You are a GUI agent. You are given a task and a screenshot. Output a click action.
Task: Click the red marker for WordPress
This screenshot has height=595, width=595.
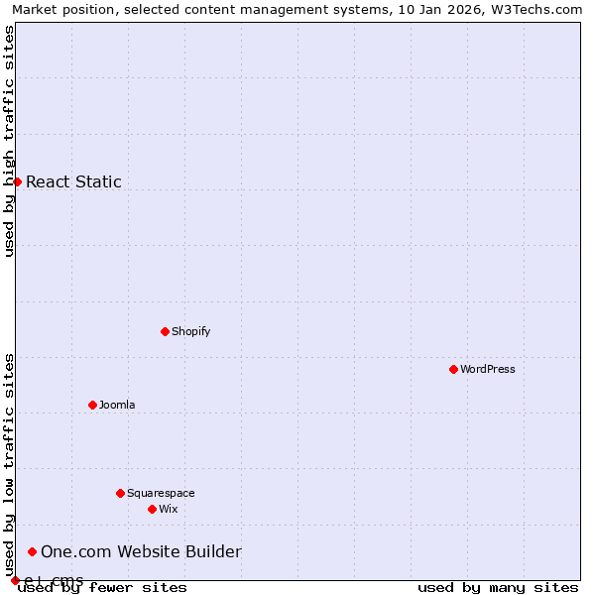[453, 369]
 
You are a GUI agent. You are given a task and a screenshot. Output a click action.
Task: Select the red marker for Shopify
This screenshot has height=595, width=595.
[165, 331]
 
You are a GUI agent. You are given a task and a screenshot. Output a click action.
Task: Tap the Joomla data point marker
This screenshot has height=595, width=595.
[92, 405]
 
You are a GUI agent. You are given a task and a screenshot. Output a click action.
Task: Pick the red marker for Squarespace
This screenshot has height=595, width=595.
[120, 493]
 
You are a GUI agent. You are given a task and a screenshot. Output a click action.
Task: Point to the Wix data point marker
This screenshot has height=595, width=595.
[152, 509]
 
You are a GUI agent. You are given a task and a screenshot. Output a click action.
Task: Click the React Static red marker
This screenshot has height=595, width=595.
[17, 181]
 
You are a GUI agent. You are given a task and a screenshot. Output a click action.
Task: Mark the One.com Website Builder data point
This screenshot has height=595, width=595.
[32, 551]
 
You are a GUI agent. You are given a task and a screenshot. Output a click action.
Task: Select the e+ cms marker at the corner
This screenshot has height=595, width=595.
[15, 580]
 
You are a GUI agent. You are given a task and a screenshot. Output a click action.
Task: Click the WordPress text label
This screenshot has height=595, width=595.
[488, 369]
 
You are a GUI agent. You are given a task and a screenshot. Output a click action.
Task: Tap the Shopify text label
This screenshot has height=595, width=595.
[191, 331]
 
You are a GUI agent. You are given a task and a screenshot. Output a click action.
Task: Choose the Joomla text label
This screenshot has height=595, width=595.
[117, 405]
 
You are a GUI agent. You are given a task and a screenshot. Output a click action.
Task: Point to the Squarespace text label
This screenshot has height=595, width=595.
[161, 493]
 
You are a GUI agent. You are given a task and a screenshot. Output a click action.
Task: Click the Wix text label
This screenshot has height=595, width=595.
[169, 509]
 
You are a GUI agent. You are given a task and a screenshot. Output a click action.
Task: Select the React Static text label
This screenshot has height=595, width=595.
[73, 181]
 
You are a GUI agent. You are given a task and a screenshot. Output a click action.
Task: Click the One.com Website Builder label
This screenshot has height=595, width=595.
[141, 552]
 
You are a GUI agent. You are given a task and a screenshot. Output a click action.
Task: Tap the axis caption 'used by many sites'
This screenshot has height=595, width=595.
[498, 588]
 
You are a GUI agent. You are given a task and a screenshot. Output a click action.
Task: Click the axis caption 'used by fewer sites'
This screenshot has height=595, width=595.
[103, 588]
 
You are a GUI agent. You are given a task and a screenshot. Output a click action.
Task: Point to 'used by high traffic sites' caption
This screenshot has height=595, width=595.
[9, 141]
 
